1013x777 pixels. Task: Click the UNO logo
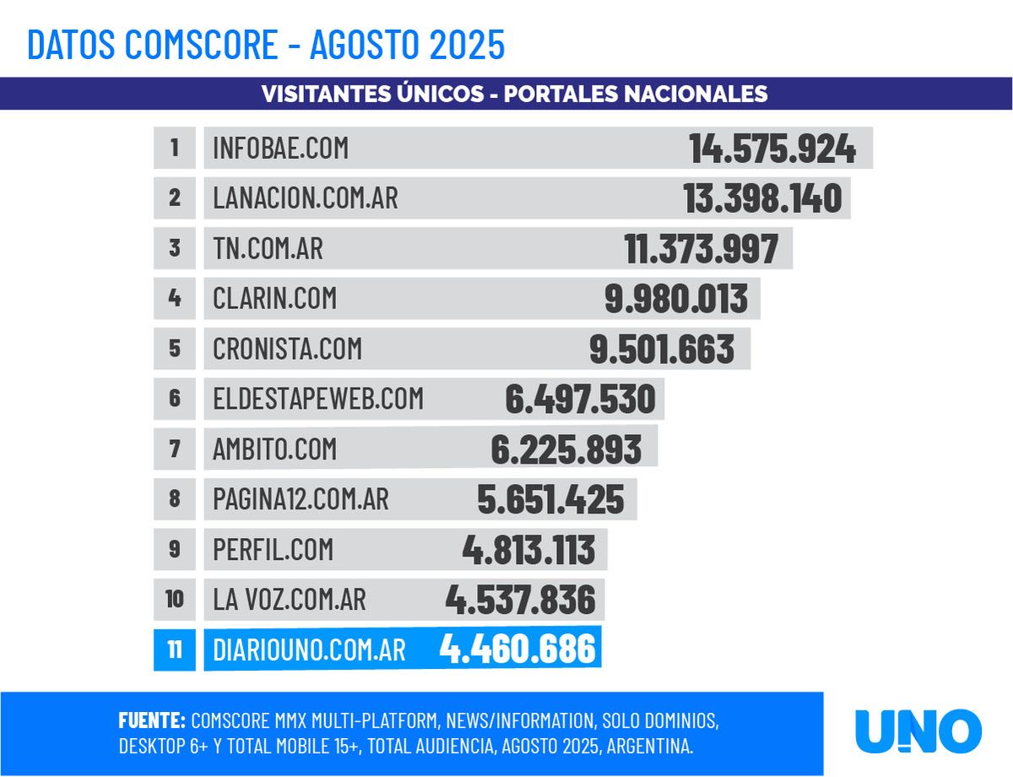tap(918, 731)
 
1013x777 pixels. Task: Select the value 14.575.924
tap(772, 149)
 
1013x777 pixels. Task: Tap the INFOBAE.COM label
tap(280, 149)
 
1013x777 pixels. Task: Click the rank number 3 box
tap(175, 248)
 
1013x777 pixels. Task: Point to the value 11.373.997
tap(701, 249)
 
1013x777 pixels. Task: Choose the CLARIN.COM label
tap(274, 298)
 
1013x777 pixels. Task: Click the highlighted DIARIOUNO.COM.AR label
tap(309, 649)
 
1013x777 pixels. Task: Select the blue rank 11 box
tap(175, 649)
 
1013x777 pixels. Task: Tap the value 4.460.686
tap(517, 649)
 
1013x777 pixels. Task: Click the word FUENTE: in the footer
tap(152, 721)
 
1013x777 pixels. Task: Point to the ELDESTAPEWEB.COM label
tap(318, 399)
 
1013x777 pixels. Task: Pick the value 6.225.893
tap(566, 449)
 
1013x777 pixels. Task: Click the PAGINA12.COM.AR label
tap(301, 499)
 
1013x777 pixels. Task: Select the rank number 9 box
tap(175, 549)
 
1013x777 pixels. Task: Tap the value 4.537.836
tap(520, 600)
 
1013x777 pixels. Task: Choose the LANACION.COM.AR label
tap(305, 198)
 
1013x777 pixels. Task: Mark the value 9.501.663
tap(661, 349)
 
